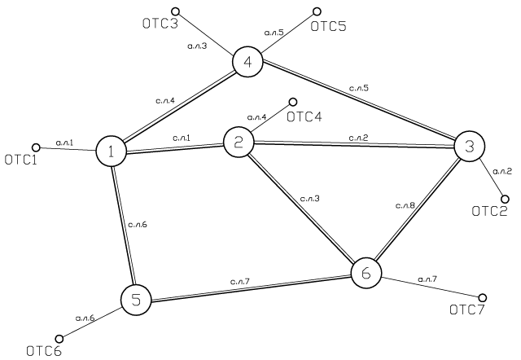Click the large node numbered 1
click(111, 151)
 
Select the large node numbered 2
click(239, 143)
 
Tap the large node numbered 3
click(470, 146)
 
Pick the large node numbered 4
click(247, 62)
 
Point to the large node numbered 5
click(136, 301)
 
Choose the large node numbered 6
click(366, 273)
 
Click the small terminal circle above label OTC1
click(36, 147)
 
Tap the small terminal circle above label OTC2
click(505, 199)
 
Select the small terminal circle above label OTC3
click(176, 11)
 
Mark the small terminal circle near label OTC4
click(293, 101)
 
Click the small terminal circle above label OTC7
click(483, 297)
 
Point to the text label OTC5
click(328, 26)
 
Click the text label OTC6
click(44, 351)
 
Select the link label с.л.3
click(309, 199)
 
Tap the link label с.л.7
click(239, 282)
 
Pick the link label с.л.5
click(359, 88)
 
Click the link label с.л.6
click(138, 225)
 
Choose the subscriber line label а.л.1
click(64, 143)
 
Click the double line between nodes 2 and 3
click(354, 144)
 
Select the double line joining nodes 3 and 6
click(417, 210)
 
